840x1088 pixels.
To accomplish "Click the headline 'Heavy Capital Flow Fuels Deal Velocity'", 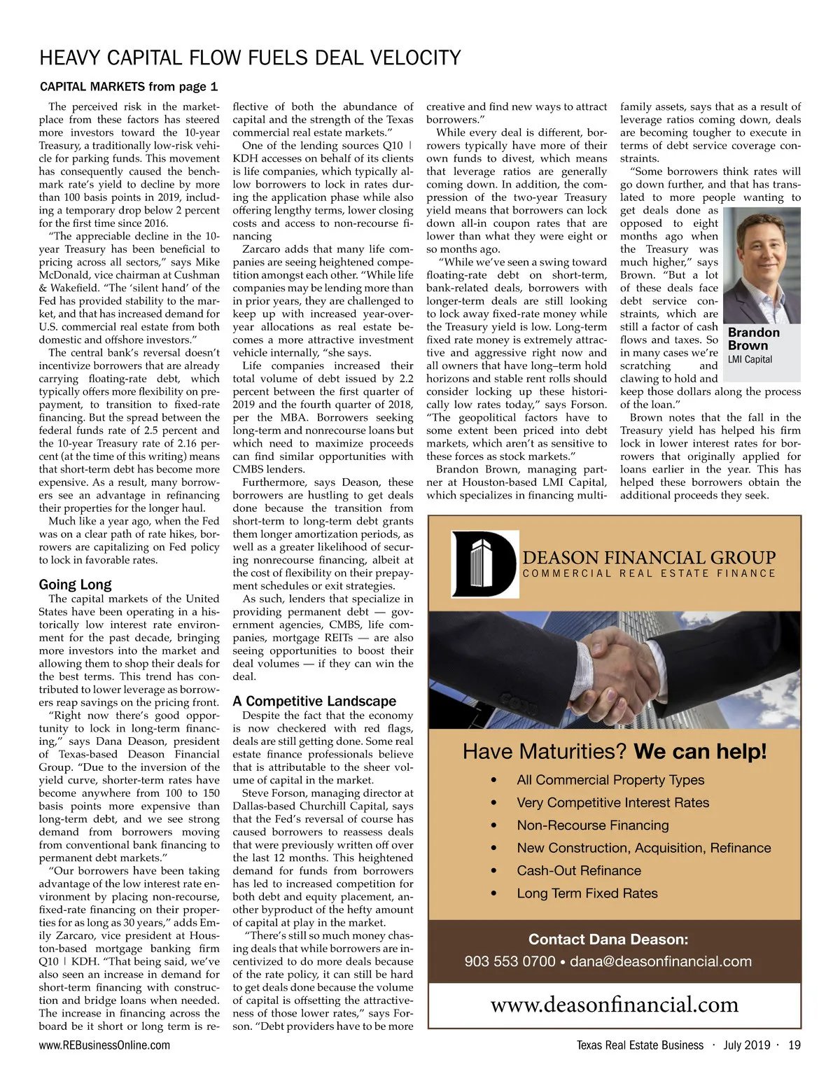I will pyautogui.click(x=250, y=57).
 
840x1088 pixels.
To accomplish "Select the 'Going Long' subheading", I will pyautogui.click(x=75, y=584).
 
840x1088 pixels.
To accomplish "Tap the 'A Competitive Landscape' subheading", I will pyautogui.click(x=314, y=701).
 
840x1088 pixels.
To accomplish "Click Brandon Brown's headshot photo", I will pyautogui.click(x=761, y=266).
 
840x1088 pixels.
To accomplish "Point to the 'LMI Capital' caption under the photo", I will pyautogui.click(x=750, y=359).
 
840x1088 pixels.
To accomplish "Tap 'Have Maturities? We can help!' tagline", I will pyautogui.click(x=615, y=752).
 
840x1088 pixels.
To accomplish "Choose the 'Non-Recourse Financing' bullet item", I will pyautogui.click(x=592, y=825).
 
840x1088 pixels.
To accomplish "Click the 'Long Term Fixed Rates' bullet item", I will pyautogui.click(x=587, y=893).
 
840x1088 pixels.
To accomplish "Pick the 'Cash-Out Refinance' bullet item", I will pyautogui.click(x=578, y=871).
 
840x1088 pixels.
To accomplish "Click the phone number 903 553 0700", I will pyautogui.click(x=510, y=961).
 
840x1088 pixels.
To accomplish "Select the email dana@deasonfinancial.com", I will pyautogui.click(x=660, y=961).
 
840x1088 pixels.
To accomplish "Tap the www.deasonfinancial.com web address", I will pyautogui.click(x=614, y=1005).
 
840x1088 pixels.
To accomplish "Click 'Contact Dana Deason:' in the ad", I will pyautogui.click(x=608, y=939).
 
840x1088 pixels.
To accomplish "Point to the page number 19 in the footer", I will pyautogui.click(x=794, y=1045).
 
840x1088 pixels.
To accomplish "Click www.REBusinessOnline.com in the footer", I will pyautogui.click(x=104, y=1045).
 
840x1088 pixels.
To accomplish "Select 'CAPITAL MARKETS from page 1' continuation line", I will pyautogui.click(x=129, y=87).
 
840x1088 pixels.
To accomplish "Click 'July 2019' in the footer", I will pyautogui.click(x=746, y=1045).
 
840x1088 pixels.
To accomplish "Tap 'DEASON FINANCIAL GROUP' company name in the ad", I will pyautogui.click(x=649, y=557).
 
